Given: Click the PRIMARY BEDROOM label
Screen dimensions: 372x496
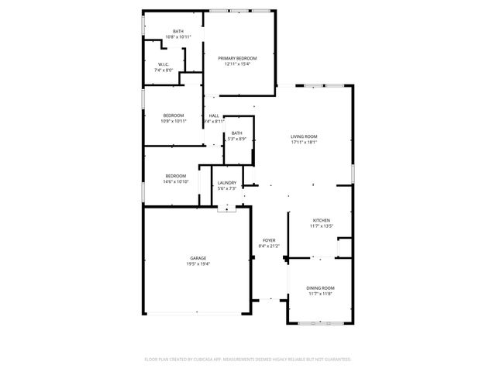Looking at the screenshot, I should coord(237,58).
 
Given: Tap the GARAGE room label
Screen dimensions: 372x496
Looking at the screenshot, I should coord(198,258).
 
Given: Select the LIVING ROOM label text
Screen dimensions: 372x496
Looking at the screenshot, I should coord(305,136).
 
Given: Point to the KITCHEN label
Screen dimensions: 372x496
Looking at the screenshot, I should coord(322,220).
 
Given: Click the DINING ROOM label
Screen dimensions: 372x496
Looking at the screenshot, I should coord(322,288).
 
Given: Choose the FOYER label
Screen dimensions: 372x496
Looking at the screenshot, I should coord(269,240).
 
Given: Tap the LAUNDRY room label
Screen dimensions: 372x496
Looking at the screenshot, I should coord(227,183).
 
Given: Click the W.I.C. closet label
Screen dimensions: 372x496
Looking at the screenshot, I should coord(164,64).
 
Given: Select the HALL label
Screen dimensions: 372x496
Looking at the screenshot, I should coord(214,115).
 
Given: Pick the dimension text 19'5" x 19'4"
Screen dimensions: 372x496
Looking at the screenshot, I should coord(198,264).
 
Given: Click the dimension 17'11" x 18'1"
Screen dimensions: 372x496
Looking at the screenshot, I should coord(305,143).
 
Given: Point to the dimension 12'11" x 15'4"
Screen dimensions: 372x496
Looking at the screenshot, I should coord(237,64).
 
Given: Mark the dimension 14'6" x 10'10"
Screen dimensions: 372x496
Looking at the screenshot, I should coord(177,182).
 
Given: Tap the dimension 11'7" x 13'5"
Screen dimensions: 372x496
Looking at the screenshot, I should coord(322,226).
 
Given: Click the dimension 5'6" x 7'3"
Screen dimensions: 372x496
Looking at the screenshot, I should coord(227,189).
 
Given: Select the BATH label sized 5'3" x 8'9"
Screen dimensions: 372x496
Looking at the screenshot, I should coord(236,133).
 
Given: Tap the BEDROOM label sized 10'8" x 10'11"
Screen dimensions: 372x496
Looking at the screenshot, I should coord(174,115).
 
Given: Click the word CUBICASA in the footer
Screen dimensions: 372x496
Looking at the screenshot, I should coord(211,360).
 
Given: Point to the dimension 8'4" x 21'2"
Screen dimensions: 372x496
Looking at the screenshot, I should coord(269,246).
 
